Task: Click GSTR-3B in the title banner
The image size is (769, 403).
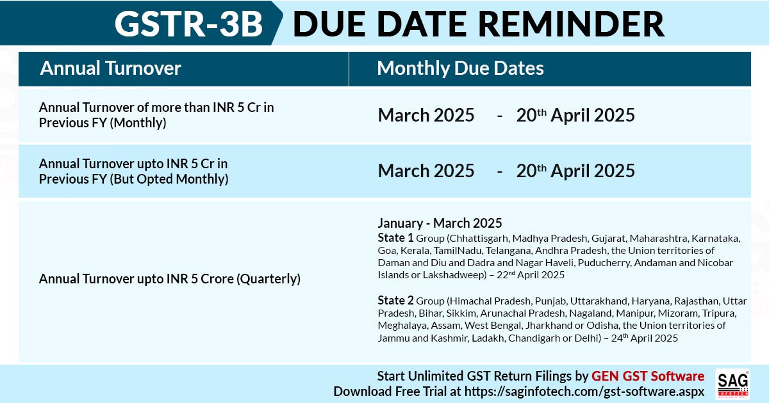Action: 189,24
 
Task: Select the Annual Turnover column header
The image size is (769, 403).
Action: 110,68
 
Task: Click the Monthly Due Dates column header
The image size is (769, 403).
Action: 460,68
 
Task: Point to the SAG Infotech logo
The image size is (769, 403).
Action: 732,384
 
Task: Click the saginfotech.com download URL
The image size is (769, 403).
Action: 584,391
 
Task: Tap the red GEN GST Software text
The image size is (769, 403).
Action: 648,376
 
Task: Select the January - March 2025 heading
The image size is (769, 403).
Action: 440,223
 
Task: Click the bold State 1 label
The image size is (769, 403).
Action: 395,238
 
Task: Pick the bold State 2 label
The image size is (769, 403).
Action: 395,301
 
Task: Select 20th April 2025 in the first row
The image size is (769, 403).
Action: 575,115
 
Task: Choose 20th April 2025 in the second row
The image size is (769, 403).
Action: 575,171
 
